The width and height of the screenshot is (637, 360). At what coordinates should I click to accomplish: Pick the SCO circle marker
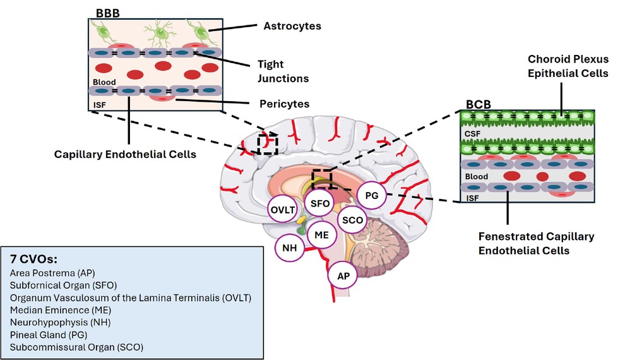351,220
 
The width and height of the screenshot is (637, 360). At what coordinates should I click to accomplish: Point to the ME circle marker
322,234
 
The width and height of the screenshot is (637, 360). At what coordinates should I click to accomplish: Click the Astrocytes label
292,27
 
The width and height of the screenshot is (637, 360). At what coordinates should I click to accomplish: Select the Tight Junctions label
283,71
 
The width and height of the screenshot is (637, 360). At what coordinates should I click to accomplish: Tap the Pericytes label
284,103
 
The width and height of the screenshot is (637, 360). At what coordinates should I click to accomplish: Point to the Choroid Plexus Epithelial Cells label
568,66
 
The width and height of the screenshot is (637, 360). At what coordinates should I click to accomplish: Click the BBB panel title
107,12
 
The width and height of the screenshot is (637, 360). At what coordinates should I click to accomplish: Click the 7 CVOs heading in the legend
33,260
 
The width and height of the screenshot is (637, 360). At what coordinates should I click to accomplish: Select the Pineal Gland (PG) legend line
49,334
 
